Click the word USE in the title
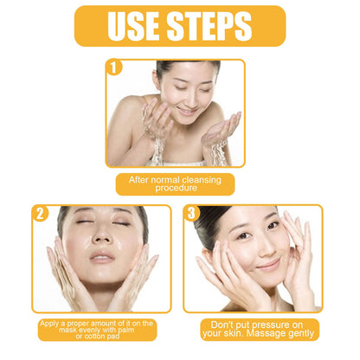point(132,25)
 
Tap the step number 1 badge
point(112,66)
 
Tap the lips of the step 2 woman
point(101,257)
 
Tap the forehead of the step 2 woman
point(102,212)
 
